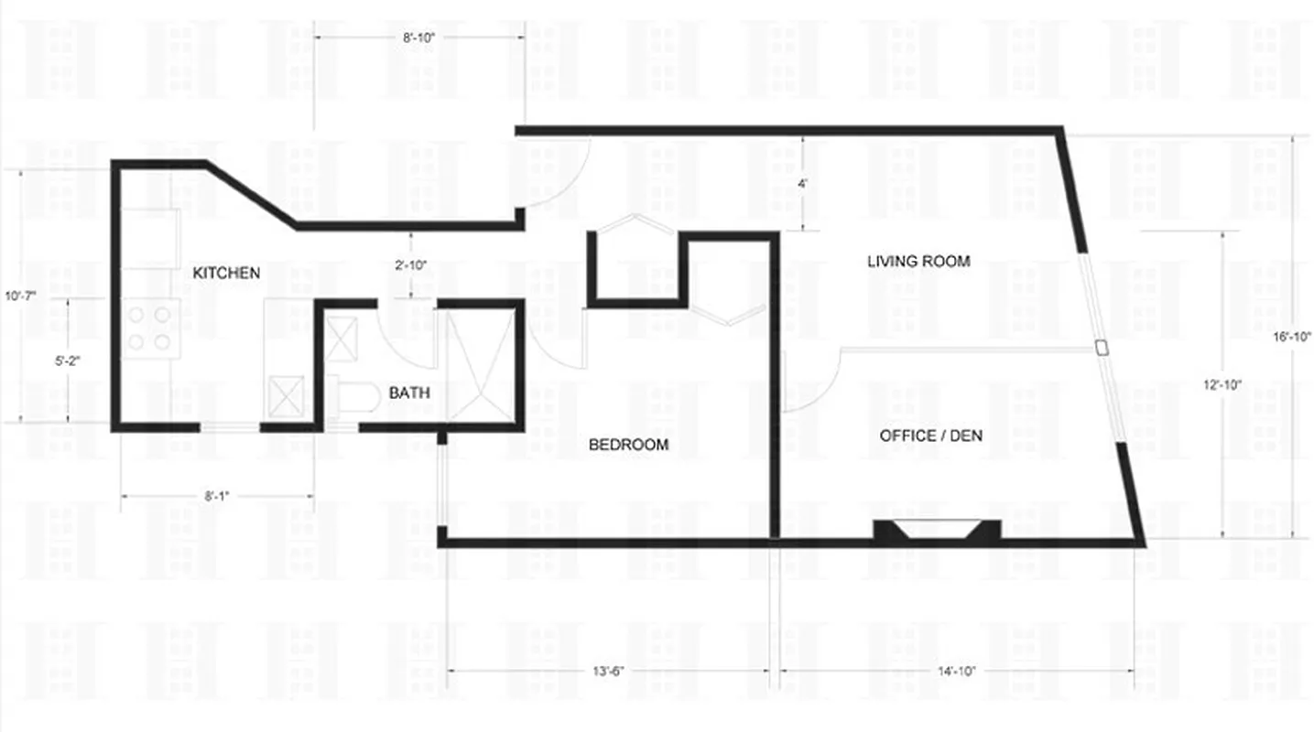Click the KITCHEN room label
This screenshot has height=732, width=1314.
click(x=226, y=273)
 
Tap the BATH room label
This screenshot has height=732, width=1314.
click(x=409, y=393)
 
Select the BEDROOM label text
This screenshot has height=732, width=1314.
click(x=628, y=446)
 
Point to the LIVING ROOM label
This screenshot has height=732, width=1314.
click(x=918, y=262)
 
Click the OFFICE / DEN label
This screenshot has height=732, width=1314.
click(x=930, y=436)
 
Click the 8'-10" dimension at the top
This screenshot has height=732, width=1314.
click(x=419, y=37)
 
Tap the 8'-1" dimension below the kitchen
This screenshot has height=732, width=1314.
click(x=216, y=497)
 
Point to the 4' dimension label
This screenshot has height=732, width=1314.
click(x=802, y=184)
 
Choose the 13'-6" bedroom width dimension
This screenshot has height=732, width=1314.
click(x=608, y=671)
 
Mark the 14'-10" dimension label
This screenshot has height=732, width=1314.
click(x=957, y=671)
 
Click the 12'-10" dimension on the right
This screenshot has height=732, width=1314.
click(x=1222, y=385)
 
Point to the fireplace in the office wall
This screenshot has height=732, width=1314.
click(x=936, y=531)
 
